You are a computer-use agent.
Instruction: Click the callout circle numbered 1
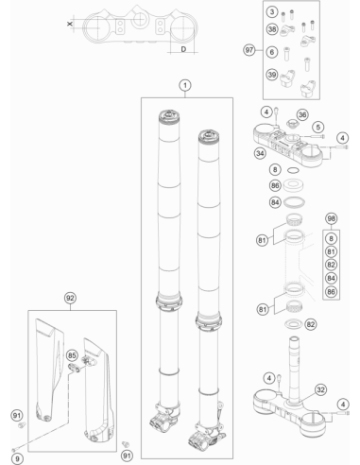click(x=185, y=85)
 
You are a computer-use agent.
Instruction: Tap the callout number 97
click(x=249, y=50)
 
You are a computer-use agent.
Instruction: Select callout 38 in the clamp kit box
click(x=272, y=29)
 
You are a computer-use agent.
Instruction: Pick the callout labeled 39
click(x=272, y=75)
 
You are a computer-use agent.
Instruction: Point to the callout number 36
click(x=302, y=114)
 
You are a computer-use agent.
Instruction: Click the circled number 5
click(x=318, y=127)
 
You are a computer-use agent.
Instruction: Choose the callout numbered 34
click(x=260, y=153)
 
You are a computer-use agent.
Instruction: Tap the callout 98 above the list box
click(x=331, y=218)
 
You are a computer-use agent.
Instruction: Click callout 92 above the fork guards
click(x=70, y=298)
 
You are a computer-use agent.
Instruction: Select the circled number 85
click(x=72, y=355)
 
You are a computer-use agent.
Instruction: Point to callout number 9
click(x=17, y=458)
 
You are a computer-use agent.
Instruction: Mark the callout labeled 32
click(x=320, y=389)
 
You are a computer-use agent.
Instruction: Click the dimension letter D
click(x=183, y=49)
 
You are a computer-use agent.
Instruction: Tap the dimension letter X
click(x=70, y=24)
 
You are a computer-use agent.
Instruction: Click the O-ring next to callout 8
click(x=293, y=170)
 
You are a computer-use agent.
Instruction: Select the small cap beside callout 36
click(x=291, y=123)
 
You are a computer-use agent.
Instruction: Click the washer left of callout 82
click(x=293, y=323)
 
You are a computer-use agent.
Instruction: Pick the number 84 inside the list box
click(x=331, y=278)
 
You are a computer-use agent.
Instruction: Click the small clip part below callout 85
click(x=75, y=368)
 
